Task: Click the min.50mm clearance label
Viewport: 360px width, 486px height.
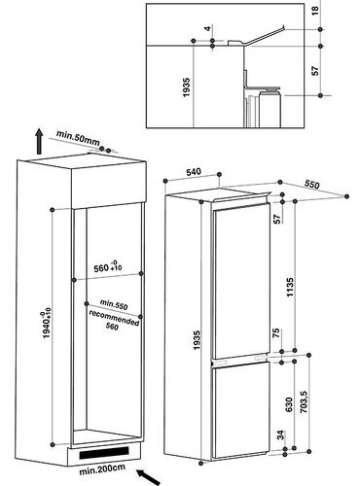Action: [x=78, y=138]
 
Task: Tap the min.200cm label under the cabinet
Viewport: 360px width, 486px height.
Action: [x=102, y=469]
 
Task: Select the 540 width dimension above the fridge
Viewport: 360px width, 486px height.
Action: [x=194, y=172]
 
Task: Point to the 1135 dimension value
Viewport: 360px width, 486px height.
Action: [x=290, y=287]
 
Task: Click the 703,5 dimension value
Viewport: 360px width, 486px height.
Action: [x=304, y=401]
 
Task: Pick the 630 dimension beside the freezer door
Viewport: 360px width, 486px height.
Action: [x=289, y=404]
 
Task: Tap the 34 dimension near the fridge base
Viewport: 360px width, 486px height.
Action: [x=280, y=434]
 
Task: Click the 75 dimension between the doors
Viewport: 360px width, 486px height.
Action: [x=276, y=333]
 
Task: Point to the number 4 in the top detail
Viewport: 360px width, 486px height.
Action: [x=208, y=28]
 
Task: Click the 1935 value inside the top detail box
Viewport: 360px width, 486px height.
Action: [x=186, y=87]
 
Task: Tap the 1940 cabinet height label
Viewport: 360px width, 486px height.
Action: [x=47, y=325]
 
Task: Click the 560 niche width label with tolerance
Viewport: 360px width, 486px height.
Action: [x=108, y=266]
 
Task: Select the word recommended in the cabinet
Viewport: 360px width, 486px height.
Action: [x=114, y=318]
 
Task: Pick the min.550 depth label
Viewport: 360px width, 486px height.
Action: [x=114, y=304]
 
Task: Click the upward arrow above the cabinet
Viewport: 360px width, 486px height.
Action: [x=39, y=141]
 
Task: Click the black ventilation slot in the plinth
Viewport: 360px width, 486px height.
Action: [x=104, y=453]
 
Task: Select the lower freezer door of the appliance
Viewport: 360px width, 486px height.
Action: [x=241, y=410]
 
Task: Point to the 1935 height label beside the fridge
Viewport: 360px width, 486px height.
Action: [x=198, y=340]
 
